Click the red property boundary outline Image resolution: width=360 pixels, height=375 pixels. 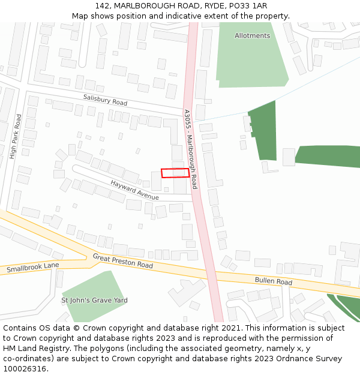175,173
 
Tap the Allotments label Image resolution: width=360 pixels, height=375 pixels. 252,36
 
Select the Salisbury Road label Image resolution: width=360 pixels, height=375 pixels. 105,100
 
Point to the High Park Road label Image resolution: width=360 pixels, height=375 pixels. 15,137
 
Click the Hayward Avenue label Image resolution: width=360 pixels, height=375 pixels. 134,190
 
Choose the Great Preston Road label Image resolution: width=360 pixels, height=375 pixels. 122,261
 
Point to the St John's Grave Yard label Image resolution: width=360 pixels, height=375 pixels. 94,300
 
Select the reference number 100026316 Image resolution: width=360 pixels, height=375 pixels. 24,369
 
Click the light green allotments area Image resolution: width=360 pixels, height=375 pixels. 252,60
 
